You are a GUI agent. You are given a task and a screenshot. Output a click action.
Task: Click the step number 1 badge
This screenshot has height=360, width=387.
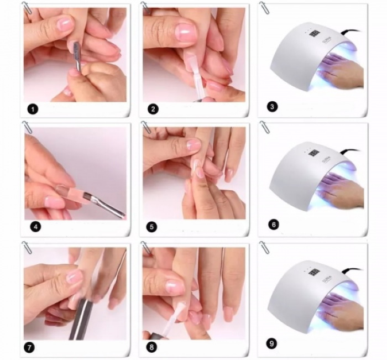34,109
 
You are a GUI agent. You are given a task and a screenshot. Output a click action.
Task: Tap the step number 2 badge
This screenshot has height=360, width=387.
154,109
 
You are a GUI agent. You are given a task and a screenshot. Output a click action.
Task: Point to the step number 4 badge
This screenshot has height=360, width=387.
34,226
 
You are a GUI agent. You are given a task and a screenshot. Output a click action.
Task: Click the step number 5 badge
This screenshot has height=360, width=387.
153,226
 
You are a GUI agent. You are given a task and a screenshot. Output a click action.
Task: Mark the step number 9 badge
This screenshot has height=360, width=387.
271,343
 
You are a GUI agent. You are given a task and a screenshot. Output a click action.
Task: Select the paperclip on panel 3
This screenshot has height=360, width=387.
264,8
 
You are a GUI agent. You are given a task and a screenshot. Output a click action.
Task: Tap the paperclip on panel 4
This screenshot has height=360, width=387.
27,128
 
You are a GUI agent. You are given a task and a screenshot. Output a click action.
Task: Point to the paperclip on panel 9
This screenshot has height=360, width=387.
264,248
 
